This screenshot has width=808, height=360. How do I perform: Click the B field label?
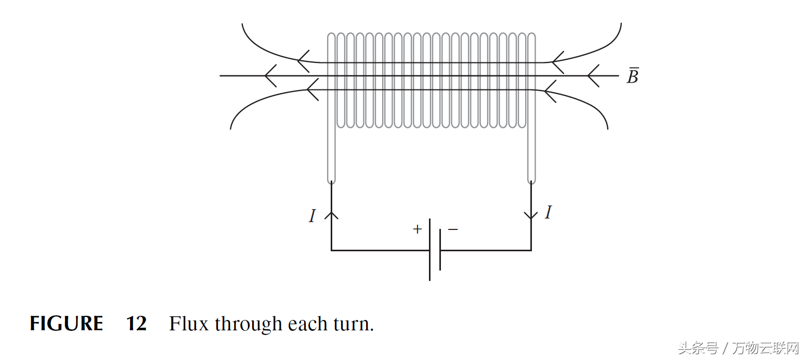pyautogui.click(x=632, y=76)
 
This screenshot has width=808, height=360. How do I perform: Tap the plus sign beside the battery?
pyautogui.click(x=417, y=229)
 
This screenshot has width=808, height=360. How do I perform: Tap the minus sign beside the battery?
pyautogui.click(x=453, y=229)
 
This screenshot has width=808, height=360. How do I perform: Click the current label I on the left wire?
pyautogui.click(x=312, y=216)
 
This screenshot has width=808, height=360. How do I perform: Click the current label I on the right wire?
pyautogui.click(x=548, y=212)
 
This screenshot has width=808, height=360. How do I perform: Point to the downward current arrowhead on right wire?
pyautogui.click(x=531, y=215)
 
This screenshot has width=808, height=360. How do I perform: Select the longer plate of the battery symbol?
pyautogui.click(x=430, y=250)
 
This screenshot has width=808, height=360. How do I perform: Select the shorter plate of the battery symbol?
pyautogui.click(x=440, y=250)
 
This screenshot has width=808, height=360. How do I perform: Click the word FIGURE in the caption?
pyautogui.click(x=66, y=324)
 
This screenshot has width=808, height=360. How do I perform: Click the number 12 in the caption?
pyautogui.click(x=136, y=324)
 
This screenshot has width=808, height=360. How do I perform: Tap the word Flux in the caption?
pyautogui.click(x=189, y=324)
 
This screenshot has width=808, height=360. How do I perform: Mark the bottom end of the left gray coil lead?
pyautogui.click(x=331, y=181)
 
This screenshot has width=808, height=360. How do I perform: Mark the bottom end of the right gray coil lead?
pyautogui.click(x=531, y=181)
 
